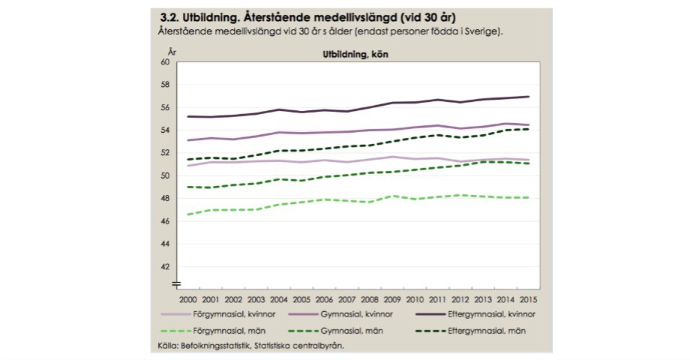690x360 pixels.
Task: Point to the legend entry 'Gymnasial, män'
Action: (363, 330)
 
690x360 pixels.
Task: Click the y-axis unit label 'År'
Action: (172, 51)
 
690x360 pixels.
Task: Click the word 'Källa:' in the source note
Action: (161, 346)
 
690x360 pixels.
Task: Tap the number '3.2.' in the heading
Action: (170, 16)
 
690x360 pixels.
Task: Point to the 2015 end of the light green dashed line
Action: (528, 197)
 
